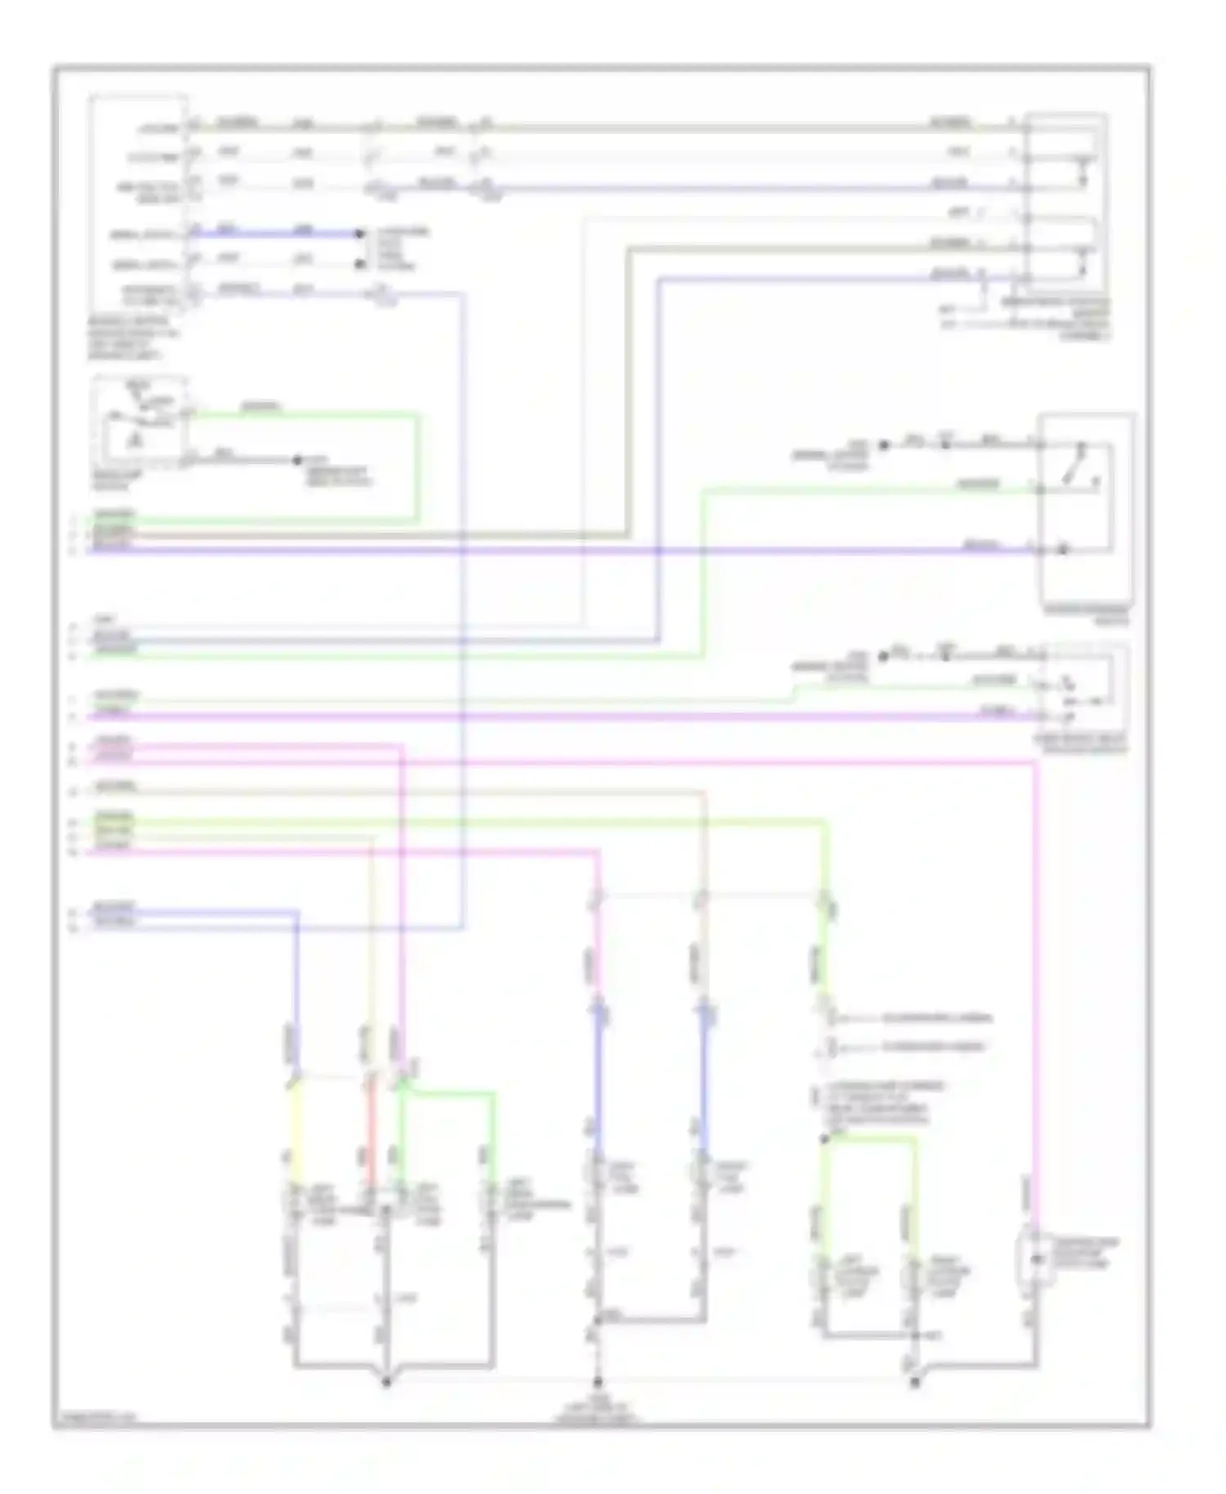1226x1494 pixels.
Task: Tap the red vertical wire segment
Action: tap(370, 1132)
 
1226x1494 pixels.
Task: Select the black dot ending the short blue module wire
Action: tap(360, 234)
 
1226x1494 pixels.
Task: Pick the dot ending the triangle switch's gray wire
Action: tap(298, 461)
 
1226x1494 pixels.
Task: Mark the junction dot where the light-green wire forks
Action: tap(826, 1138)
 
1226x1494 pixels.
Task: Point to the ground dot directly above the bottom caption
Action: tap(597, 1382)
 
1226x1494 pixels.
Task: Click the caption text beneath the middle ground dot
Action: tap(597, 1411)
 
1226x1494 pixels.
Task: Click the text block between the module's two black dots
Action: tap(400, 248)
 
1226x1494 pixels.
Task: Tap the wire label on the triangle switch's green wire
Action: tap(262, 406)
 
